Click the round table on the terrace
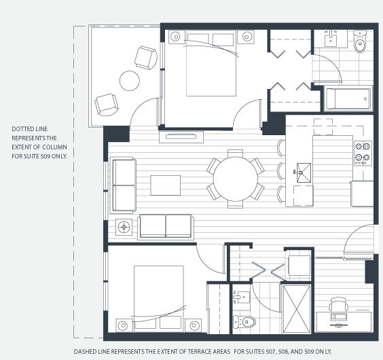coord(130,81)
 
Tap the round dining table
coord(236,179)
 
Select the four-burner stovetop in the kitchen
coord(363,154)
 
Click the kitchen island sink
coord(304,173)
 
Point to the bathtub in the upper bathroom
coord(348,98)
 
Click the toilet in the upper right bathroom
coord(360,41)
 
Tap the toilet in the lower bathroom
coord(244,322)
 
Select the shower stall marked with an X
coord(297,308)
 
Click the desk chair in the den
coord(338,304)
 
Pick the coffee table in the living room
coord(166,185)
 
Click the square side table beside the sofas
coord(124,227)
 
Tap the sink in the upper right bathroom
coord(331,39)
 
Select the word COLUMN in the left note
coord(55,147)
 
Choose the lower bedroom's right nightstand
coord(194,325)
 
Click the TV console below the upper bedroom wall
coord(181,137)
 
